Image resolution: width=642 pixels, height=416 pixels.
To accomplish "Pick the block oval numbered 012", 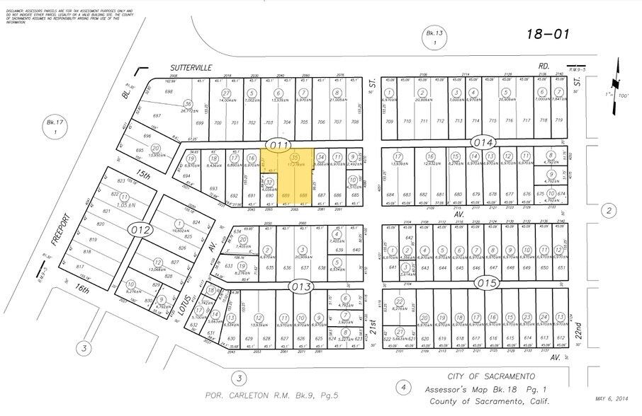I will [142, 229].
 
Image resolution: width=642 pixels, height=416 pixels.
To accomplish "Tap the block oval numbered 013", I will [302, 285].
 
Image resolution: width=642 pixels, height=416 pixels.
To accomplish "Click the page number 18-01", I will [550, 33].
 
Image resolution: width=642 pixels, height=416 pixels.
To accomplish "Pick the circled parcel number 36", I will [188, 104].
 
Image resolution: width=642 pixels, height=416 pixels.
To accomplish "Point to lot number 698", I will [169, 92].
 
